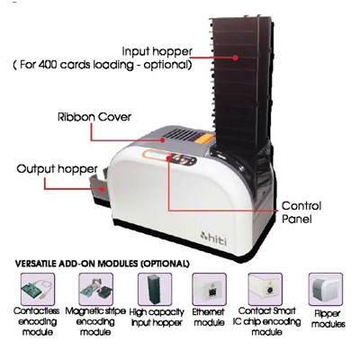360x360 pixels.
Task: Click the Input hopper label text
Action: [157, 51]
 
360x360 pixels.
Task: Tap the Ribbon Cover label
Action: [94, 117]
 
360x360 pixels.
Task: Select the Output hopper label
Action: [57, 169]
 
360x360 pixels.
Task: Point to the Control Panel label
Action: [301, 212]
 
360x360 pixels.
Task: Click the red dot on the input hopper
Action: [236, 57]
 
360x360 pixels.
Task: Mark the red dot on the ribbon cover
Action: [162, 139]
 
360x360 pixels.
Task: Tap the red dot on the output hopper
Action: [103, 189]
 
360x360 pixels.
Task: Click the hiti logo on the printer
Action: [213, 238]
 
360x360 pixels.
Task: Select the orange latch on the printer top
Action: [204, 139]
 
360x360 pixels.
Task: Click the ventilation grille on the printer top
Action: [182, 134]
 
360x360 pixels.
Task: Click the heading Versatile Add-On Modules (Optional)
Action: [103, 264]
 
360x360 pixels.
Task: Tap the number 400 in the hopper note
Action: [48, 65]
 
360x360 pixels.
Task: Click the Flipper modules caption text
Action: [328, 319]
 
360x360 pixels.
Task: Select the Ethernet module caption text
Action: [209, 318]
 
